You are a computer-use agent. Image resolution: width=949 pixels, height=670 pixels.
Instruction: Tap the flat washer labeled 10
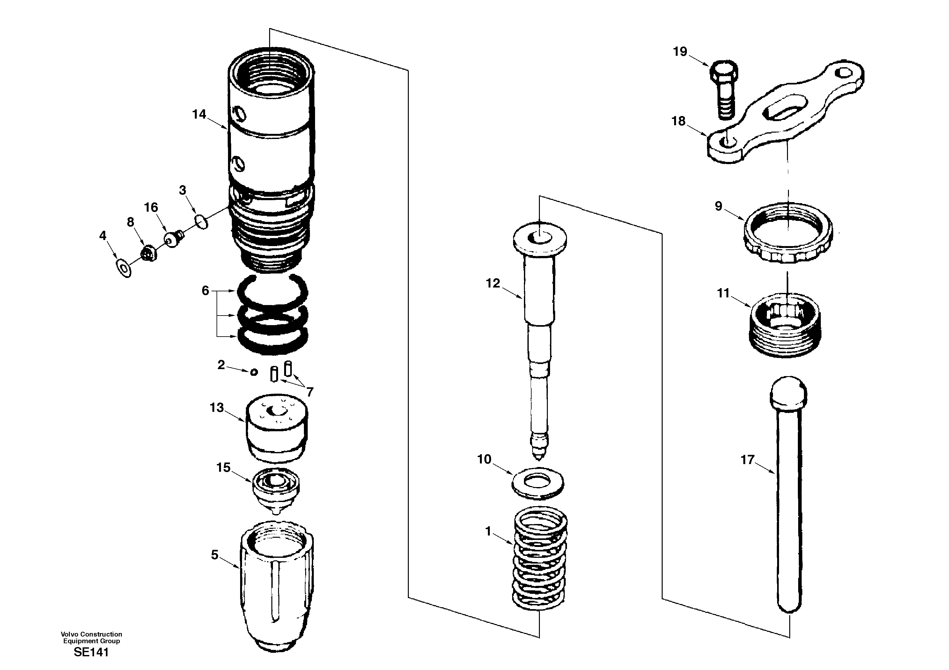(x=538, y=483)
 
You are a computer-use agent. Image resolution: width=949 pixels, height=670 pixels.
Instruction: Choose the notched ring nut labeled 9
(x=788, y=233)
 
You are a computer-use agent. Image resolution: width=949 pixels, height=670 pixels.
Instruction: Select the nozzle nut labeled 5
(x=276, y=589)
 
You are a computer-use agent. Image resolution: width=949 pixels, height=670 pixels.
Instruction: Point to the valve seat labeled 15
(x=276, y=489)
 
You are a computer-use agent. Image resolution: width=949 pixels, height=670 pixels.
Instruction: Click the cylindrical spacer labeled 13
(x=276, y=428)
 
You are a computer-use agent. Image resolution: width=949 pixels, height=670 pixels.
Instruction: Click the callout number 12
(x=493, y=283)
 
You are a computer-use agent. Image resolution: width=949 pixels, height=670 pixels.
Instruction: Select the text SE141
(x=91, y=652)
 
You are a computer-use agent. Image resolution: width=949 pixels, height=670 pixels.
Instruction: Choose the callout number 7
(x=310, y=392)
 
